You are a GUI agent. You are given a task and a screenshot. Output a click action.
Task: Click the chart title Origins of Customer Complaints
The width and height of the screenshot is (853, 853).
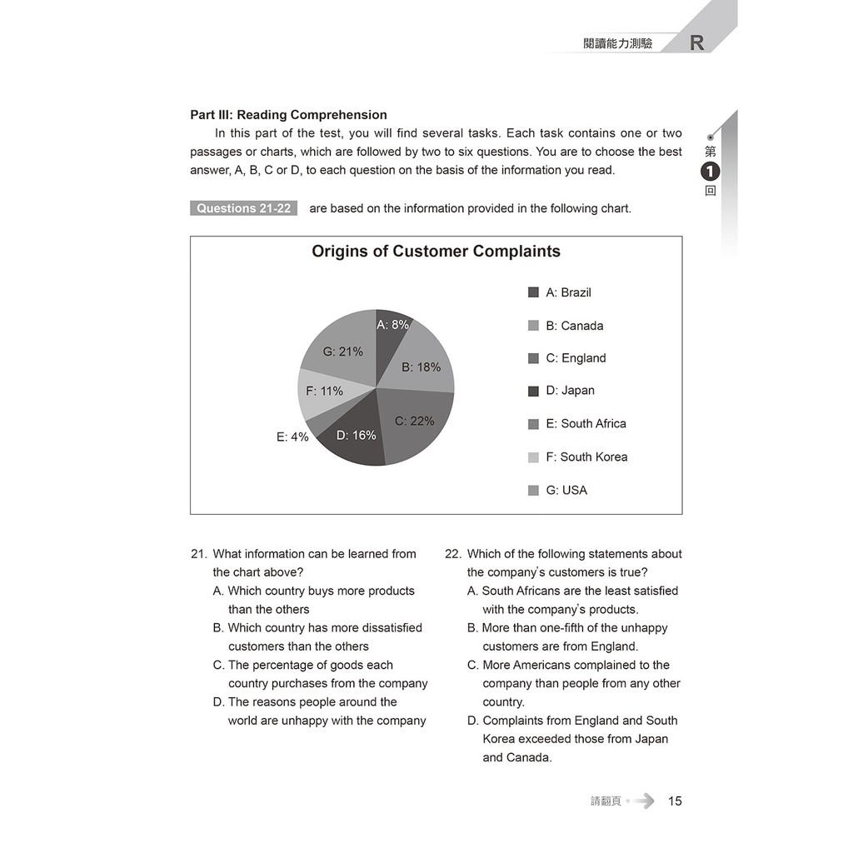pyautogui.click(x=436, y=252)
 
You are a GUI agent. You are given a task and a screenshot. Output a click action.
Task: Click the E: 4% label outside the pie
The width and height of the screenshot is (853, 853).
pyautogui.click(x=292, y=436)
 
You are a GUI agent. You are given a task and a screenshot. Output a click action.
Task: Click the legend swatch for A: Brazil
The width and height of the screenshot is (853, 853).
pyautogui.click(x=533, y=292)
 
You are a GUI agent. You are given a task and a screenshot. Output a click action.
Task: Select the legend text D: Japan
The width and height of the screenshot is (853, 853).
pyautogui.click(x=570, y=391)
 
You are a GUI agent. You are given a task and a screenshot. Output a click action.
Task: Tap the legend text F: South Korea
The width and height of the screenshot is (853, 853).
pyautogui.click(x=586, y=456)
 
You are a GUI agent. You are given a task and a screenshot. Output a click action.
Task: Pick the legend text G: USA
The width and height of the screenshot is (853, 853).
pyautogui.click(x=566, y=491)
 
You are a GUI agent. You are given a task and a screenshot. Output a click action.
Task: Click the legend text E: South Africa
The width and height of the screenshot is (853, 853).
pyautogui.click(x=586, y=424)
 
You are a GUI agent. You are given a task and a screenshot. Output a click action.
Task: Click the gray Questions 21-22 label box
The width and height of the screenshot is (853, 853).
pyautogui.click(x=243, y=208)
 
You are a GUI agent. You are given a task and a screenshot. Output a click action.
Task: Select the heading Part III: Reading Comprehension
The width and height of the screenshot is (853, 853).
pyautogui.click(x=288, y=115)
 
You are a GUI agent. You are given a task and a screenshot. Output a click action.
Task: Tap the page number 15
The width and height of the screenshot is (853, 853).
pyautogui.click(x=675, y=801)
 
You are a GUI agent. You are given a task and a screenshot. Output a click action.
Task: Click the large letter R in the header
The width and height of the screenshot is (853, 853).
pyautogui.click(x=697, y=43)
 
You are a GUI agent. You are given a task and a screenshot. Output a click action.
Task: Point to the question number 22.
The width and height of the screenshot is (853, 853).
pyautogui.click(x=452, y=554)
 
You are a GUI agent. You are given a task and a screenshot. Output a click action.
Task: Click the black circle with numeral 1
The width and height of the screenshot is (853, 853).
pyautogui.click(x=710, y=172)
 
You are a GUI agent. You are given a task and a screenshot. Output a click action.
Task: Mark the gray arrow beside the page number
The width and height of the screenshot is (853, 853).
pyautogui.click(x=643, y=801)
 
